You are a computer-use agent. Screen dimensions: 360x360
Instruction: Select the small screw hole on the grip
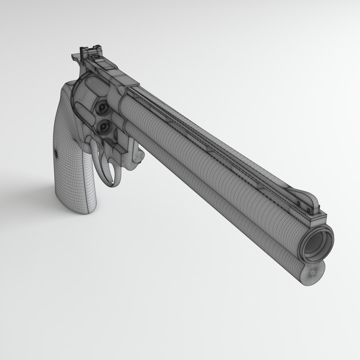pos(56,154)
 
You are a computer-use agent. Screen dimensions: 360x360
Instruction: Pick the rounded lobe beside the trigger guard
pos(138,160)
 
